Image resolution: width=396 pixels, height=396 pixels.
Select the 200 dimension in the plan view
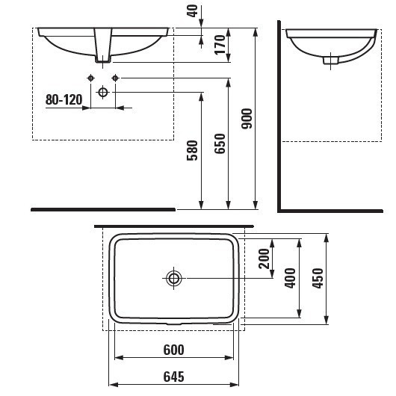point(263,259)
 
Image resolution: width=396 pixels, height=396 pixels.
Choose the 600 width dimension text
point(173,350)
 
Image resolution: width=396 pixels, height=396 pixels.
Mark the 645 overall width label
point(173,377)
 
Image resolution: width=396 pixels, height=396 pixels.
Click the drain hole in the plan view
point(174,279)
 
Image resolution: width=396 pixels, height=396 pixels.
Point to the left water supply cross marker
point(90,78)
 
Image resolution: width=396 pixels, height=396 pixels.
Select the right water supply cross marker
point(115,78)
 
